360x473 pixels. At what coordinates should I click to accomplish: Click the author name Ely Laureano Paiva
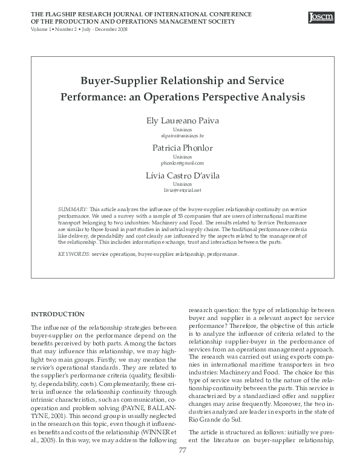point(182,121)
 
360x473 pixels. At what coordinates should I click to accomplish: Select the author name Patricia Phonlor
point(182,148)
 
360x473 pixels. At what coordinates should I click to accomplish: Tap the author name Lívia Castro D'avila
point(182,175)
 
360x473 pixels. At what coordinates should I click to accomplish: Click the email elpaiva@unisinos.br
point(182,136)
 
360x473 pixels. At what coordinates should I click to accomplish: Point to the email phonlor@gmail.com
point(182,163)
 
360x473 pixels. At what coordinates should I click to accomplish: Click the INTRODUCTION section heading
point(57,314)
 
